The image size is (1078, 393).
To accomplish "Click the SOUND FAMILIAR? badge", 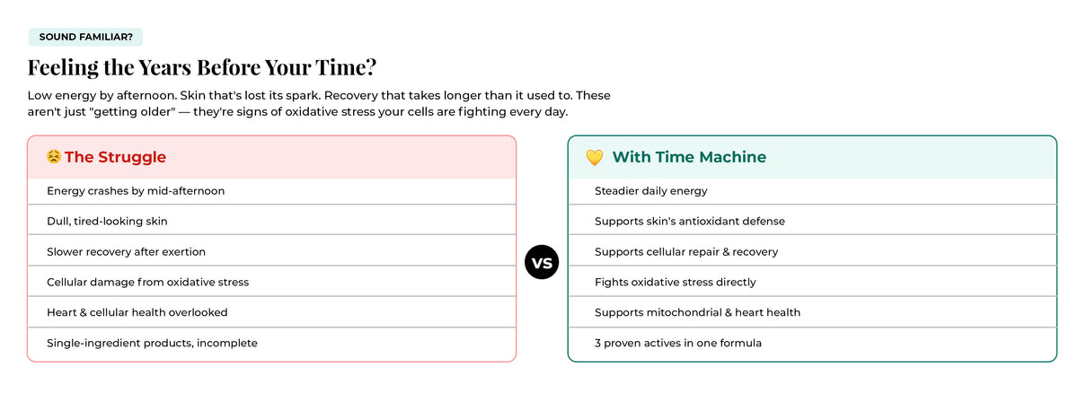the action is coord(85,37).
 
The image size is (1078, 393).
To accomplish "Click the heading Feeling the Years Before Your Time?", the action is coord(202,67).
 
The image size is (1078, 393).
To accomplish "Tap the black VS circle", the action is coord(542,262).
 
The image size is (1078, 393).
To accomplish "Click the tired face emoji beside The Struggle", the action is coord(53,157).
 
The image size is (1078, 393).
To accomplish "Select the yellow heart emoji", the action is coord(595,157).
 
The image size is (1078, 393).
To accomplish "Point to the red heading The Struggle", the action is coord(116,157).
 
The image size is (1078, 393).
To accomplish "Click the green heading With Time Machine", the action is coord(689,157).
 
